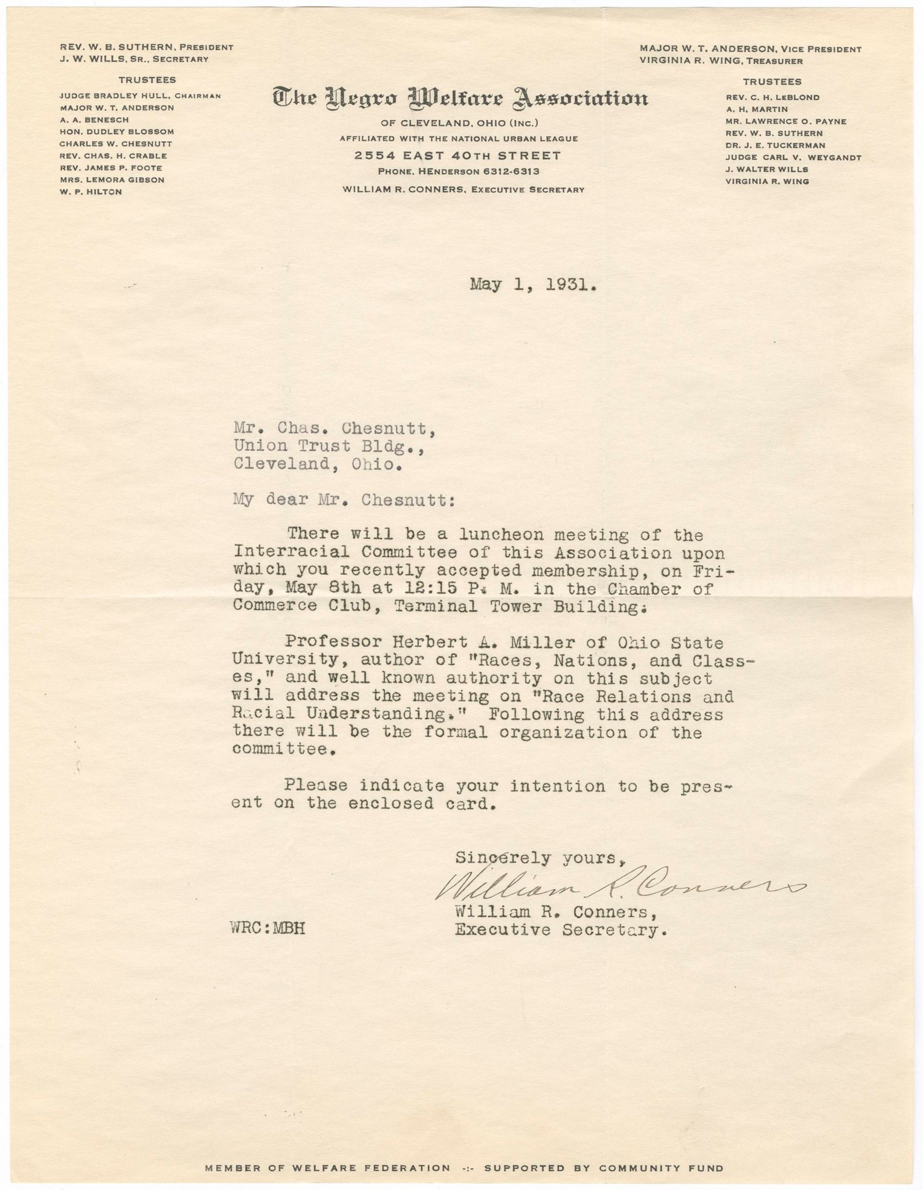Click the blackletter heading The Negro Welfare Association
(x=461, y=99)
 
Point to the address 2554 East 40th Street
(x=457, y=156)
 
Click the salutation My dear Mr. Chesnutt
(x=343, y=500)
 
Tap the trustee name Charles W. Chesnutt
(x=116, y=144)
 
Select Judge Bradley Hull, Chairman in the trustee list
(x=140, y=96)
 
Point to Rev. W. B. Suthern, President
(x=147, y=48)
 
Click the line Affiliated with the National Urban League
(x=459, y=139)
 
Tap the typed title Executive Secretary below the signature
(x=561, y=930)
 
